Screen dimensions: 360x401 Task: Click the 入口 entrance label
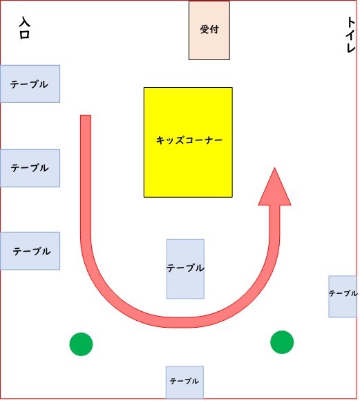tap(25, 28)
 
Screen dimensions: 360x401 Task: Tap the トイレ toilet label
tap(350, 35)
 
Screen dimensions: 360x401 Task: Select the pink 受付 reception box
tap(209, 30)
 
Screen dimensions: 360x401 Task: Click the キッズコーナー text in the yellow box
tap(189, 140)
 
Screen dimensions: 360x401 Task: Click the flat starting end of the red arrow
tap(86, 115)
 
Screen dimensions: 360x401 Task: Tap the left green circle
tap(81, 344)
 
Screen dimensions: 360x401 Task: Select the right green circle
tap(282, 342)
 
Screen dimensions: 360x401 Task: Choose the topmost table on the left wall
tap(30, 84)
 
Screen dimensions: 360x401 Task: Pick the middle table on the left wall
tap(30, 168)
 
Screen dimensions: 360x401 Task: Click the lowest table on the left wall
tap(30, 251)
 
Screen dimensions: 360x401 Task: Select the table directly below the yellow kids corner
tap(185, 269)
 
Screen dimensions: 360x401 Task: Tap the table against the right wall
tap(343, 297)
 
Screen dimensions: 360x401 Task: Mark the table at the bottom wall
tap(184, 382)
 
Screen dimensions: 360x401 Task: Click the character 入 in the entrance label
tap(25, 22)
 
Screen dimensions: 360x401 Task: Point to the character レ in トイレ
tap(351, 48)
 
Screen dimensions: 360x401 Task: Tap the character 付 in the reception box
tap(214, 30)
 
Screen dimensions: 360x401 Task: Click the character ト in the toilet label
tap(351, 22)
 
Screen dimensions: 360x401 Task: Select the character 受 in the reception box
tap(205, 30)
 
